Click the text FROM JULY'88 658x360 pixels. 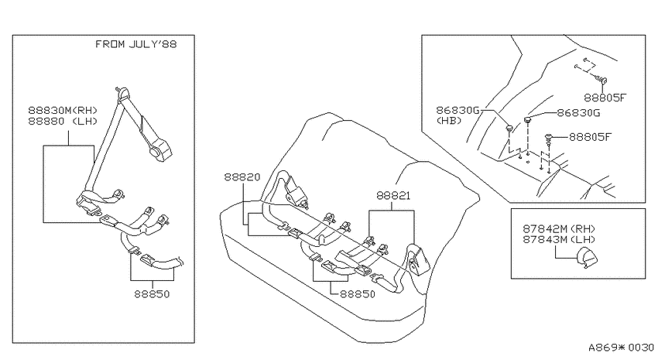click(136, 44)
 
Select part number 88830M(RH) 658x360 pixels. click(63, 111)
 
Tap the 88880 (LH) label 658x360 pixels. click(63, 122)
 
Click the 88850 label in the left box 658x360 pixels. click(152, 294)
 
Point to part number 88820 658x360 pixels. click(242, 177)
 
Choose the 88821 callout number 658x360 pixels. click(393, 196)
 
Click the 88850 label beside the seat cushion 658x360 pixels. click(358, 294)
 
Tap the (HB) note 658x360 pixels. click(449, 121)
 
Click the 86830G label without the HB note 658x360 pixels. click(579, 113)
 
